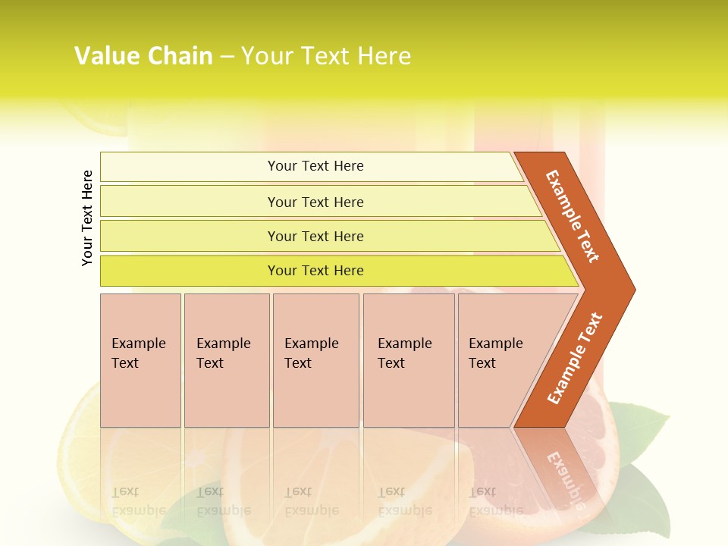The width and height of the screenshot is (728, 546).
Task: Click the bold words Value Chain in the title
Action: (x=143, y=56)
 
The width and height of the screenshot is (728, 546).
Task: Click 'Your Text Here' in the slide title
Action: (x=326, y=56)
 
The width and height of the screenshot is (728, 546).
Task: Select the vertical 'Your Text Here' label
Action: (x=88, y=218)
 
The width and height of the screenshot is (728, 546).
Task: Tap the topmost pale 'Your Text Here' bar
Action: (x=315, y=166)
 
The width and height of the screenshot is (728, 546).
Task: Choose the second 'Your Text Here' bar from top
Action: (x=315, y=202)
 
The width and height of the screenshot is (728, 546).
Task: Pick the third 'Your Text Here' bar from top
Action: (x=315, y=236)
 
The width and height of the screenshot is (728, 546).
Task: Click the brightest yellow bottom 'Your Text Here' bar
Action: (x=315, y=271)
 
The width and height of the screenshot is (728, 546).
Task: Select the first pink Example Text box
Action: (x=140, y=360)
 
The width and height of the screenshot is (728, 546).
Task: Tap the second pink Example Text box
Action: (x=226, y=360)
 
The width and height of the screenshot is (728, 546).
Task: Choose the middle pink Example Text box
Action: (x=315, y=360)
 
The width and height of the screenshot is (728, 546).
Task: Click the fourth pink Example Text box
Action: (x=408, y=360)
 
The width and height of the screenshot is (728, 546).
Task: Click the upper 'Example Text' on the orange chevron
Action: (x=573, y=216)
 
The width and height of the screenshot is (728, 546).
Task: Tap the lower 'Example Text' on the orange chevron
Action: (x=575, y=359)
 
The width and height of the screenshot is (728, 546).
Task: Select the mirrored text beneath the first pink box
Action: (x=138, y=500)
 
